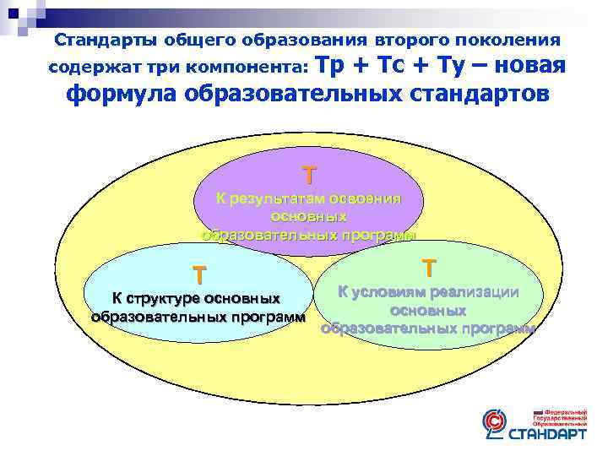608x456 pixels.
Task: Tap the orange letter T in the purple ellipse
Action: pos(311,175)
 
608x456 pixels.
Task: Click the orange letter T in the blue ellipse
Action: pos(198,275)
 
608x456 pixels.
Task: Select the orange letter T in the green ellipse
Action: pos(430,268)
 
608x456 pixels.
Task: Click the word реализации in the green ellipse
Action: pos(474,292)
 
